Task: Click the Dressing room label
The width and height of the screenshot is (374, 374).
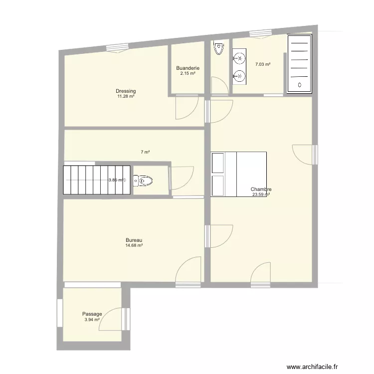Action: pyautogui.click(x=126, y=91)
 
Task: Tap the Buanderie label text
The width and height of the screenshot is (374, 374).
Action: pyautogui.click(x=187, y=68)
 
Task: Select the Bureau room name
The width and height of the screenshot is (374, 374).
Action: pyautogui.click(x=134, y=240)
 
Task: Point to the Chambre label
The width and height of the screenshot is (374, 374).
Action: pyautogui.click(x=261, y=189)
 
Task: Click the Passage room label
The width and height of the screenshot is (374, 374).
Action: pyautogui.click(x=92, y=314)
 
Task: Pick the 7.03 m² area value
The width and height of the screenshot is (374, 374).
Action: pyautogui.click(x=263, y=64)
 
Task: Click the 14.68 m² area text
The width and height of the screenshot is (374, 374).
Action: pyautogui.click(x=134, y=245)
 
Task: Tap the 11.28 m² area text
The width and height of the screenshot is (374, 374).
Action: pyautogui.click(x=126, y=96)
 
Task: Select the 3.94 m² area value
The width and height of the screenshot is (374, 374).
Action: pyautogui.click(x=92, y=320)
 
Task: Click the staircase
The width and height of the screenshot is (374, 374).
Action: pyautogui.click(x=97, y=180)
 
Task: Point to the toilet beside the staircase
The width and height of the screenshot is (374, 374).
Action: pyautogui.click(x=143, y=181)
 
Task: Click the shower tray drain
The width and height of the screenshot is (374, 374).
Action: pyautogui.click(x=300, y=85)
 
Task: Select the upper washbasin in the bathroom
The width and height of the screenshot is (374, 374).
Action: pyautogui.click(x=239, y=58)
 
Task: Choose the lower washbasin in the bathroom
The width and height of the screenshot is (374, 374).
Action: pyautogui.click(x=239, y=76)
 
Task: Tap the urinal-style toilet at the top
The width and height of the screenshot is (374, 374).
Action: pyautogui.click(x=218, y=47)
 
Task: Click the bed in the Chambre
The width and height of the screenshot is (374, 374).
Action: pyautogui.click(x=239, y=174)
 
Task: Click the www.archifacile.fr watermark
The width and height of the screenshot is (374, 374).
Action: pyautogui.click(x=312, y=367)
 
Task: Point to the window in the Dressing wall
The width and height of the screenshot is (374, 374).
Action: pyautogui.click(x=117, y=47)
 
